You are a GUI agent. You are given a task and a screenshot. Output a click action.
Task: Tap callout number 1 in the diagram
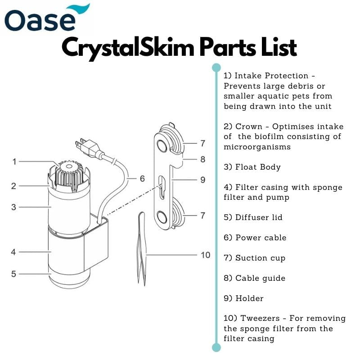point(14,161)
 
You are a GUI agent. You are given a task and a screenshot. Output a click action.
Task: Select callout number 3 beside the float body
point(14,207)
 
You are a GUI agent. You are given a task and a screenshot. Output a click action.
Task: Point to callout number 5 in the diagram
point(14,273)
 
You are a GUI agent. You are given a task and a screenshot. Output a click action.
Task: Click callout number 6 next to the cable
point(142,179)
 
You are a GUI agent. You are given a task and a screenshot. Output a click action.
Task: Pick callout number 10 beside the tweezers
point(205,255)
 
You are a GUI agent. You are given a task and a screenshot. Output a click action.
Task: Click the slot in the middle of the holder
point(162,187)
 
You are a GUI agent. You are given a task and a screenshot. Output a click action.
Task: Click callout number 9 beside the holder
point(202,180)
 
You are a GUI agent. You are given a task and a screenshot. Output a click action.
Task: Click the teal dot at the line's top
point(216,67)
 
